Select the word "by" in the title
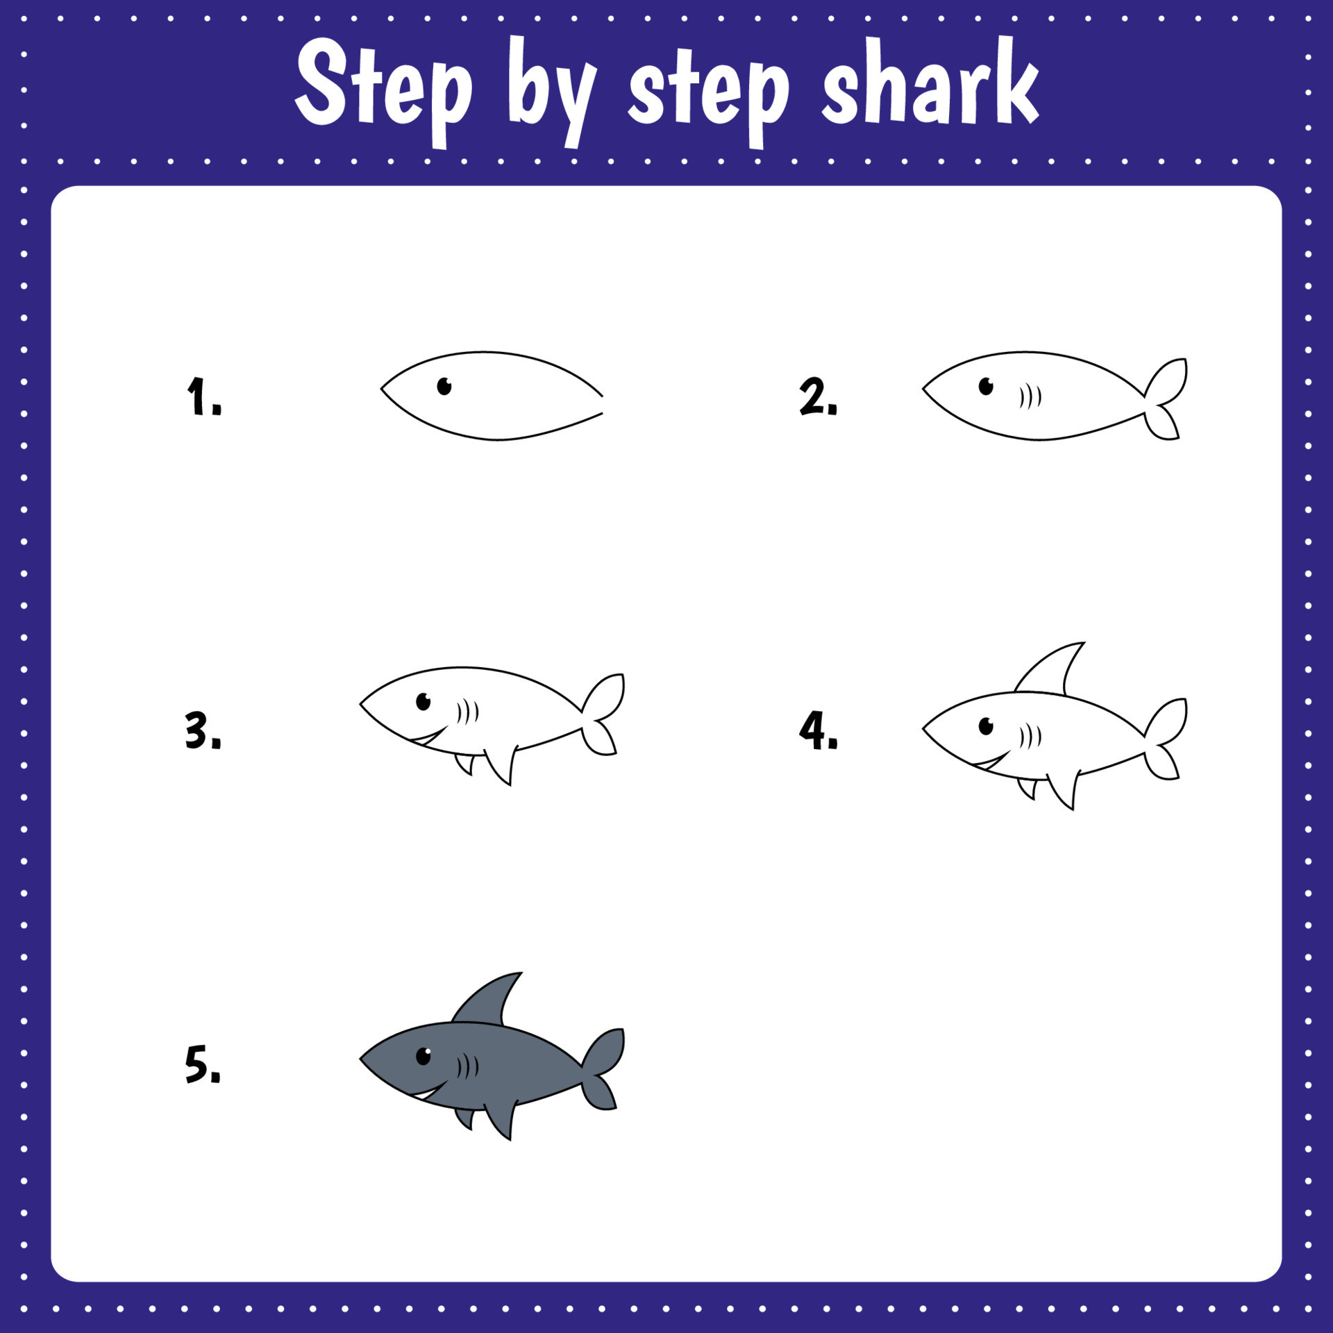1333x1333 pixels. coord(552,90)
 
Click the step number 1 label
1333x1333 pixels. coord(203,396)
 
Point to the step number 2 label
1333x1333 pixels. coord(818,396)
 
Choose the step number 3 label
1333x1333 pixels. coord(203,730)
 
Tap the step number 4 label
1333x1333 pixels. coord(818,730)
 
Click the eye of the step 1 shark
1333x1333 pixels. coord(444,386)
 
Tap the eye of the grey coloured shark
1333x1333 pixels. coord(424,1056)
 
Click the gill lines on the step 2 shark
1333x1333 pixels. coord(1030,397)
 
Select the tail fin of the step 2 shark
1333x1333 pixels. coord(1166,399)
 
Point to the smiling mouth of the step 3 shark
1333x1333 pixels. coord(428,737)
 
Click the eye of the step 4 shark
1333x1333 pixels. coord(986,726)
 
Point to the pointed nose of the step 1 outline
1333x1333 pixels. coord(383,389)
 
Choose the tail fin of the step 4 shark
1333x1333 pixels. coord(1166,739)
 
